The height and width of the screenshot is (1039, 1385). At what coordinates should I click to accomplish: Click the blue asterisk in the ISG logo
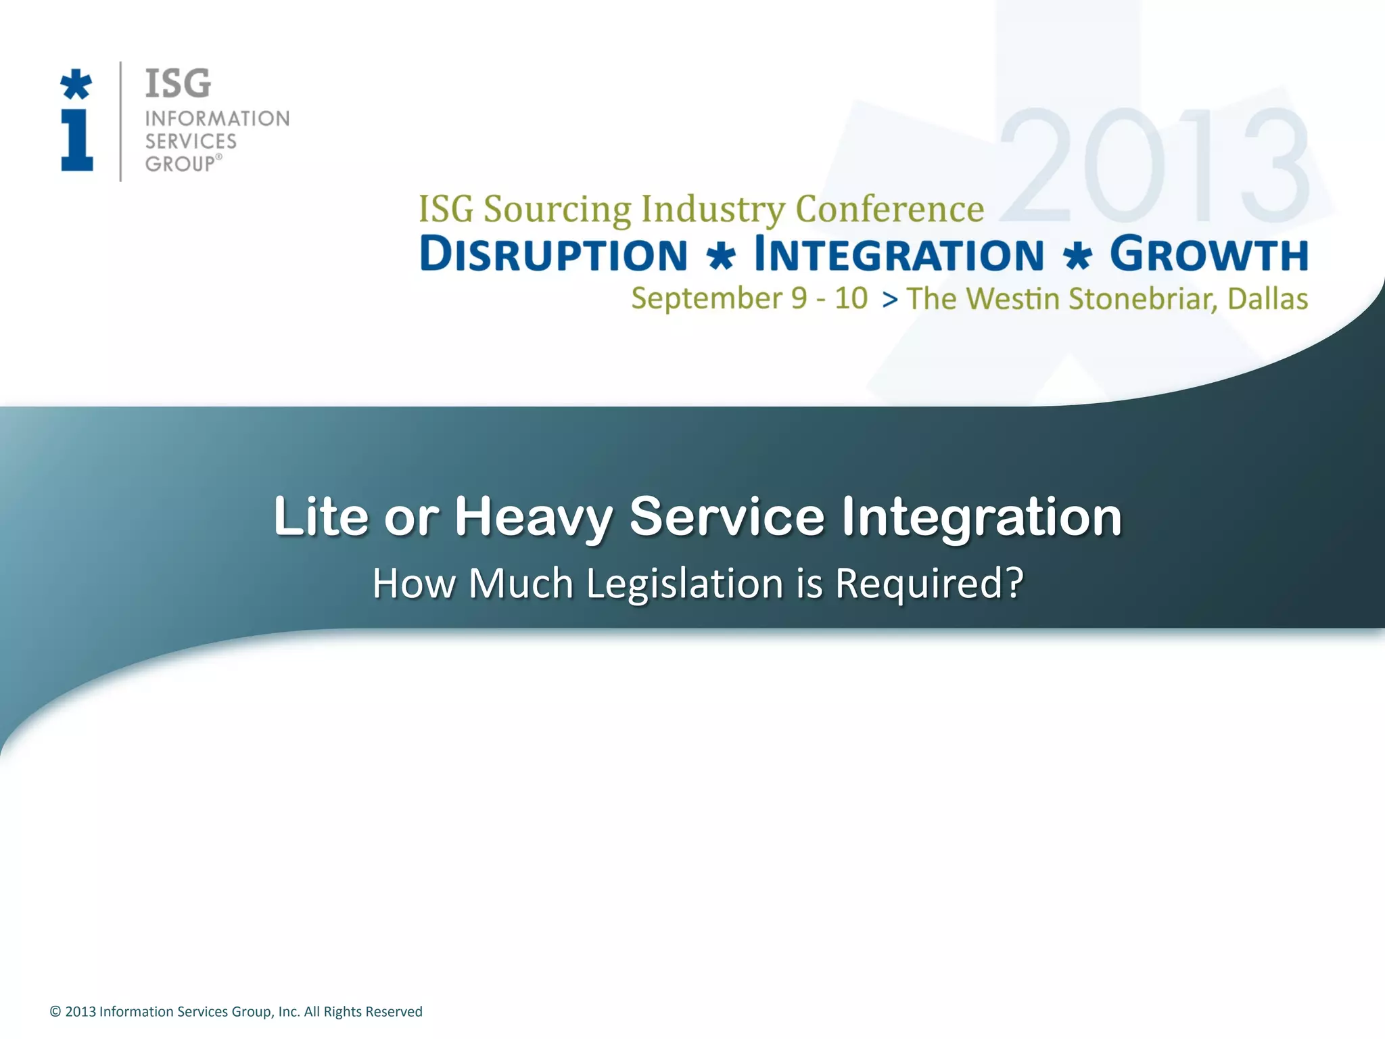[x=76, y=85]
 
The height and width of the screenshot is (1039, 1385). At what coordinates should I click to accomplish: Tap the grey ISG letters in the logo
[x=178, y=84]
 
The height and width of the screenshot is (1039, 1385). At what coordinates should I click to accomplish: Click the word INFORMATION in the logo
[x=217, y=119]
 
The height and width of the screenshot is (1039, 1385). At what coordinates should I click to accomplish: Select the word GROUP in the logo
[x=180, y=164]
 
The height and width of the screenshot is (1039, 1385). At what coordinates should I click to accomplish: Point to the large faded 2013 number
[x=1154, y=166]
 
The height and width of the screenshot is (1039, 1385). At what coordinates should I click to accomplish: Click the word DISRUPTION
[x=553, y=255]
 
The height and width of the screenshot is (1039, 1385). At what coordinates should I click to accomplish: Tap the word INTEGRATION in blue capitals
[x=899, y=255]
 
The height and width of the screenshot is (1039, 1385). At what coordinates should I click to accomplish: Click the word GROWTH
[x=1208, y=254]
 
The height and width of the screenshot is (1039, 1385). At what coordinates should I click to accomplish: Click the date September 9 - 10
[x=749, y=298]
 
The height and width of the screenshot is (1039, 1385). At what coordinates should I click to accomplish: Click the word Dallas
[x=1267, y=299]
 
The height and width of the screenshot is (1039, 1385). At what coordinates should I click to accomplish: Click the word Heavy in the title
[x=533, y=517]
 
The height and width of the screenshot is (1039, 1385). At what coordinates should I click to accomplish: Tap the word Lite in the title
[x=321, y=517]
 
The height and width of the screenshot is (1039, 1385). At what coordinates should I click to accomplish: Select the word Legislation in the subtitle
[x=684, y=584]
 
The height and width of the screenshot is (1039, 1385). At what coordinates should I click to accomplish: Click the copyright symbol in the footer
[x=55, y=1012]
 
